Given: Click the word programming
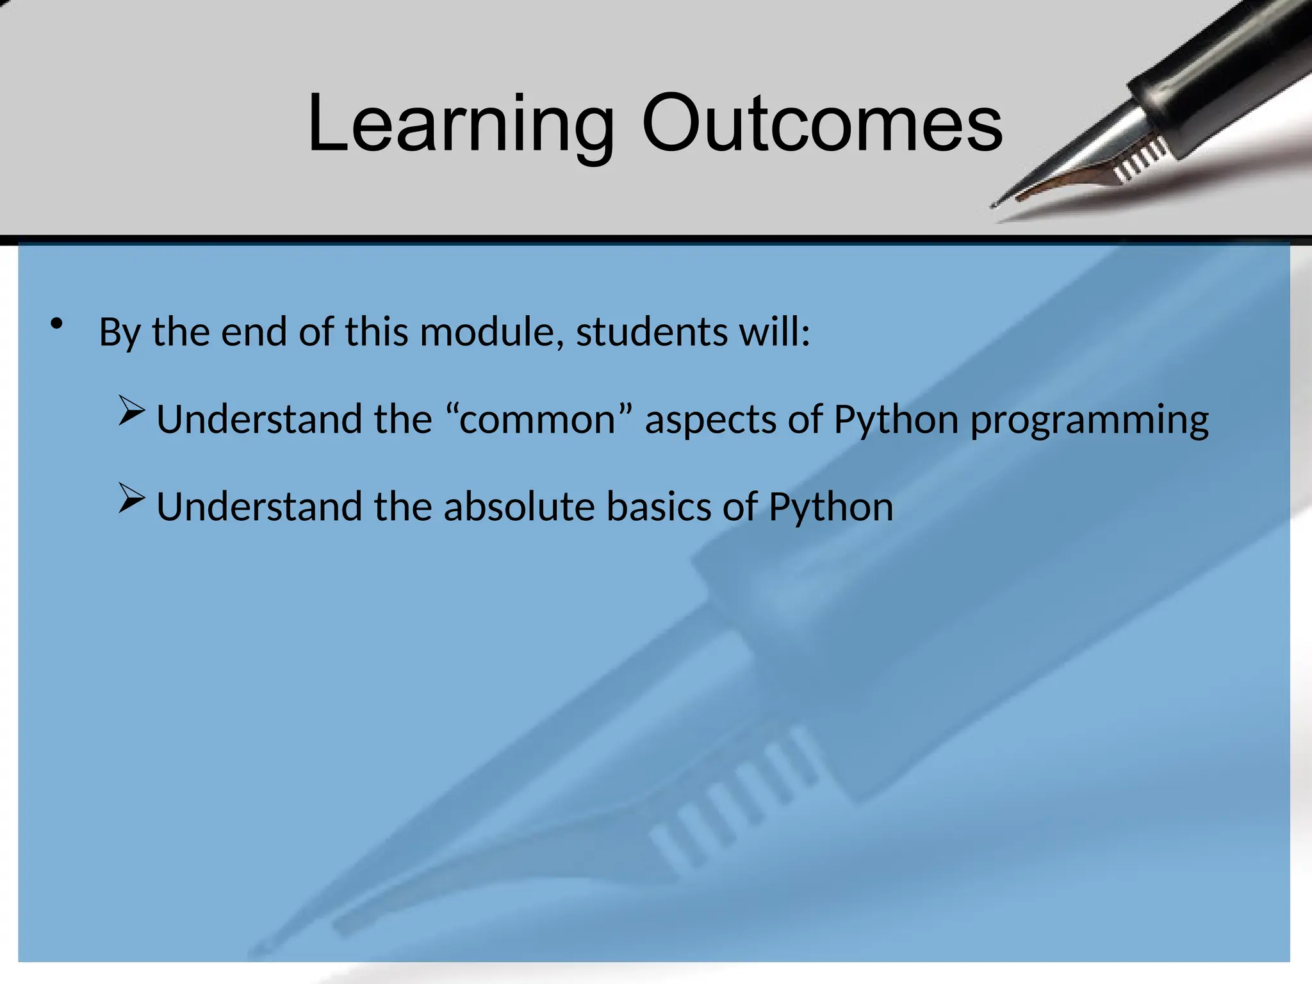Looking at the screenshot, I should tap(1090, 421).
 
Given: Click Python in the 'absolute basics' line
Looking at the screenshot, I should tap(830, 508).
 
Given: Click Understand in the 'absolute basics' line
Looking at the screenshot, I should tap(260, 507).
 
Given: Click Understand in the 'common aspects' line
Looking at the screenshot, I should tap(260, 420).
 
